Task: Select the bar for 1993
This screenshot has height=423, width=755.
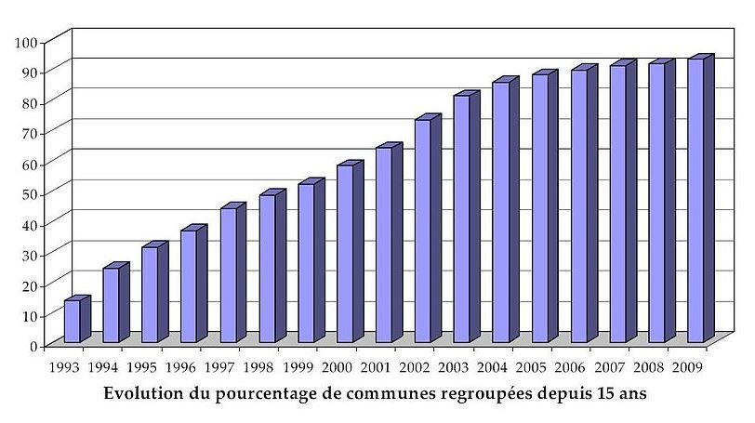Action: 72,321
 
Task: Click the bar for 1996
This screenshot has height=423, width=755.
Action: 189,285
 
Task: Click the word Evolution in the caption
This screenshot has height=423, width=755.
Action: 145,392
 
